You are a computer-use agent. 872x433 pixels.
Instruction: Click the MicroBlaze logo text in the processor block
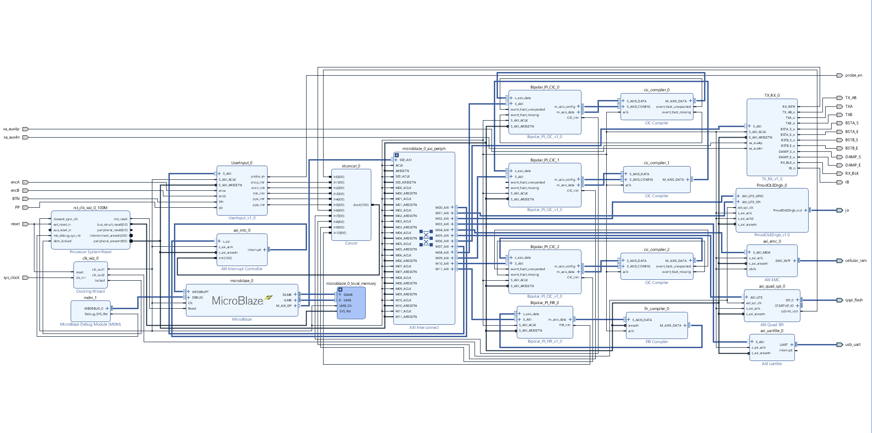pos(238,301)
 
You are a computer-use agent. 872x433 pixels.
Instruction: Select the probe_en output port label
pos(854,75)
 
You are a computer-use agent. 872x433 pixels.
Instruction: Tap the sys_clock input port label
pos(12,278)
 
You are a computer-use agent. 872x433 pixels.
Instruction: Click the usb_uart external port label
pos(853,344)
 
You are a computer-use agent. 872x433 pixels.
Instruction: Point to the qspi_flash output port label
pos(854,300)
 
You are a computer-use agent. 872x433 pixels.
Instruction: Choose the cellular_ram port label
pos(855,261)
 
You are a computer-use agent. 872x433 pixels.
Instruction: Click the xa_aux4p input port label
pos(11,129)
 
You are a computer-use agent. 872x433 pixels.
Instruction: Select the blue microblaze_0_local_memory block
pos(351,303)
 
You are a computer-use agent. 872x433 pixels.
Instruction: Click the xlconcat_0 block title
pos(351,166)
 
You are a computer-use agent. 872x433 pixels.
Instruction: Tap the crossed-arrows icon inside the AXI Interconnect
pos(426,238)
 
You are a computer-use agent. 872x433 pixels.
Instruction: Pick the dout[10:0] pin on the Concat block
pos(361,205)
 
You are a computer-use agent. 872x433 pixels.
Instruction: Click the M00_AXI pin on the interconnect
pos(442,207)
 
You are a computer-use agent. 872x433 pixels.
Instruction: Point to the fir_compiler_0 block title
pos(656,309)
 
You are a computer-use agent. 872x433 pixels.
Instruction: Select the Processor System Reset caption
pos(90,252)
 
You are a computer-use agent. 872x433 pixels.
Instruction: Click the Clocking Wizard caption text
pos(90,291)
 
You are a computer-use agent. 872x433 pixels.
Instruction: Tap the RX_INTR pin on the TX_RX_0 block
pos(788,106)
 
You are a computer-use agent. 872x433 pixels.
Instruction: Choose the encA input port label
pos(16,182)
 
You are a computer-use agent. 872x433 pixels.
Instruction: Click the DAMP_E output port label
pos(853,165)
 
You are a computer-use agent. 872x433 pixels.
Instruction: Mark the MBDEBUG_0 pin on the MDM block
pos(94,308)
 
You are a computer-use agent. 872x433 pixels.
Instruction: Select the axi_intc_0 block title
pos(242,230)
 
